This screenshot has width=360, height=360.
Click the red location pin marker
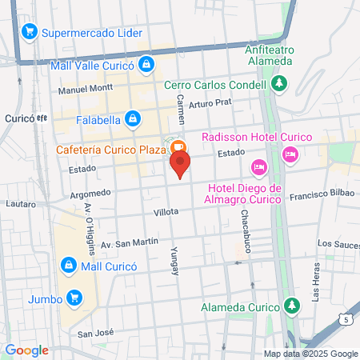pos(180,165)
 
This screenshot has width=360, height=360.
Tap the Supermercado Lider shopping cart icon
pos(30,32)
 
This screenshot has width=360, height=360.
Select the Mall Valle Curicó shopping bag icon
pos(146,64)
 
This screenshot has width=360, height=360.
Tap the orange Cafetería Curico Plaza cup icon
pos(178,147)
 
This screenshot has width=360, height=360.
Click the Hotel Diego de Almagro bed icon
pos(258,166)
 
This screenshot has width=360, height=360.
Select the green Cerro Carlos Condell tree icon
pos(279,83)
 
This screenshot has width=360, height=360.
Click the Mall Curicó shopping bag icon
pos(70,265)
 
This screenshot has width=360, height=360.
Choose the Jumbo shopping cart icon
pos(75,298)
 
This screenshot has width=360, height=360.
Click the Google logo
pos(27,350)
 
